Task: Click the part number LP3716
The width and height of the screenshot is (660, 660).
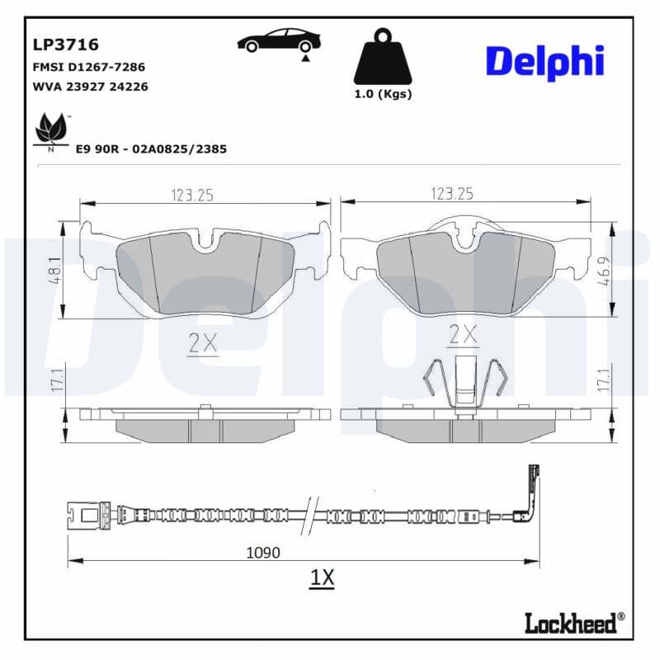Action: (x=65, y=45)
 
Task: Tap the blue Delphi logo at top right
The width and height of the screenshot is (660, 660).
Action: (x=544, y=62)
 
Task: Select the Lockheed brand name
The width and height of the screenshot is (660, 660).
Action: (x=575, y=623)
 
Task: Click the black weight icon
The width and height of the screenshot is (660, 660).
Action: (x=382, y=57)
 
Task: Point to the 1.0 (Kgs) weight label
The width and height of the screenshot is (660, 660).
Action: (x=383, y=94)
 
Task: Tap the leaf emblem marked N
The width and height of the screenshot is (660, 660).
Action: (x=51, y=130)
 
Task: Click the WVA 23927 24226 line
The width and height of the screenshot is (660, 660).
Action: (x=90, y=87)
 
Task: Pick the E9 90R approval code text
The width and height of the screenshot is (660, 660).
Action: (x=151, y=149)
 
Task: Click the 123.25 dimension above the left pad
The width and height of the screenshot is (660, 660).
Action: (x=192, y=195)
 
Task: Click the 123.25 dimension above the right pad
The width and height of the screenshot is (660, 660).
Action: (x=451, y=194)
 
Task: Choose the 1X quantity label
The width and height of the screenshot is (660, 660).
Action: (x=322, y=578)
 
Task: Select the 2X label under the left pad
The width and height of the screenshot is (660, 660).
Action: (x=202, y=344)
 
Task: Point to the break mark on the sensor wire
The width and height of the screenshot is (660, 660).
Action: (x=310, y=516)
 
